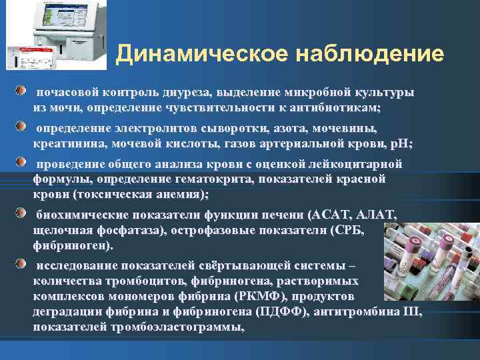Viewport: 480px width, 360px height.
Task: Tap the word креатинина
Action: (64, 143)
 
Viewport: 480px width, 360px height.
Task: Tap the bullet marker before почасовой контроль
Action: (23, 90)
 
